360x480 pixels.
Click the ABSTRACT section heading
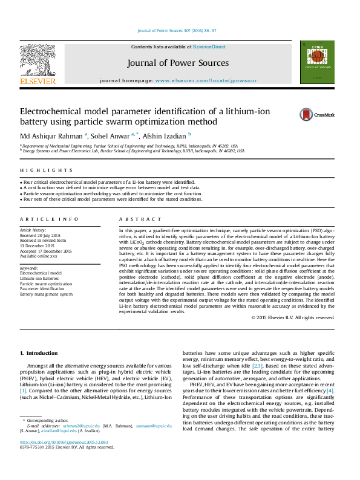pos(140,219)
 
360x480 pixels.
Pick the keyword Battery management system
pos(47,294)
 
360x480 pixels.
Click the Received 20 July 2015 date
pos(41,235)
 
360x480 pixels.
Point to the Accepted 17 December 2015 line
pos(46,251)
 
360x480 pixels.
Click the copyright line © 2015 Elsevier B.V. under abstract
pos(292,317)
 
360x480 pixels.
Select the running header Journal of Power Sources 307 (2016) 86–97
pos(177,30)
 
